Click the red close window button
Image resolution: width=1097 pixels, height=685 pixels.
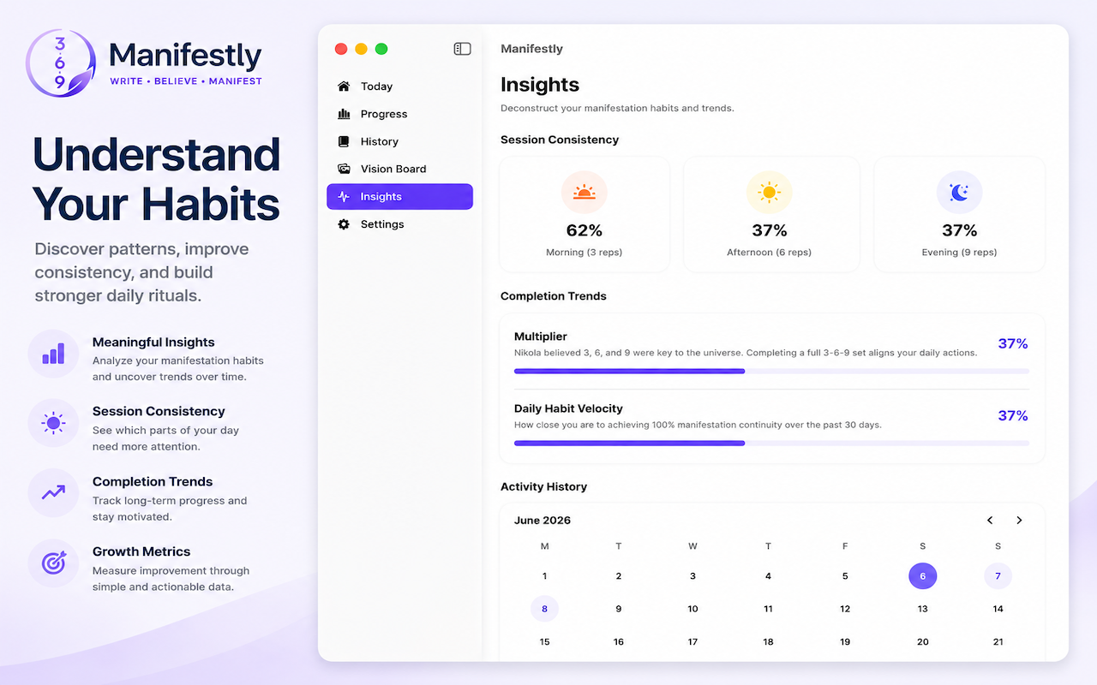point(341,49)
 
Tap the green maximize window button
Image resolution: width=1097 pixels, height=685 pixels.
point(381,49)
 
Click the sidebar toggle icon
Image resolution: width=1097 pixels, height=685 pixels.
point(462,49)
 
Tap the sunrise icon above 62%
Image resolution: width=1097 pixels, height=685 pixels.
point(584,193)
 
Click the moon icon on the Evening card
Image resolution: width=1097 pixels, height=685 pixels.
point(959,193)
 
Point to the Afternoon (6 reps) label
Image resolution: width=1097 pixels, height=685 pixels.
point(769,252)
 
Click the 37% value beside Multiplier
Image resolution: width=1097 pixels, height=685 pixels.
point(1013,343)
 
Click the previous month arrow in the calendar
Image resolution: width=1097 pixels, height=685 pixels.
point(990,520)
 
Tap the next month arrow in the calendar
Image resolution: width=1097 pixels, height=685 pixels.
point(1019,520)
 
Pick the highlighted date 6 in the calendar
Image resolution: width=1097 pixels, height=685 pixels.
point(923,576)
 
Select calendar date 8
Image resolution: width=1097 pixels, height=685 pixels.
point(544,609)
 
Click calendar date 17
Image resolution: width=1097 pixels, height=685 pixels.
point(692,641)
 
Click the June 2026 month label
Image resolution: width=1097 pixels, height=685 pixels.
point(543,520)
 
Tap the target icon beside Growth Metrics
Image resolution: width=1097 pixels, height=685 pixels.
point(53,563)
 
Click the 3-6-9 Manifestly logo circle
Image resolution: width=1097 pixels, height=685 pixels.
point(60,63)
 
